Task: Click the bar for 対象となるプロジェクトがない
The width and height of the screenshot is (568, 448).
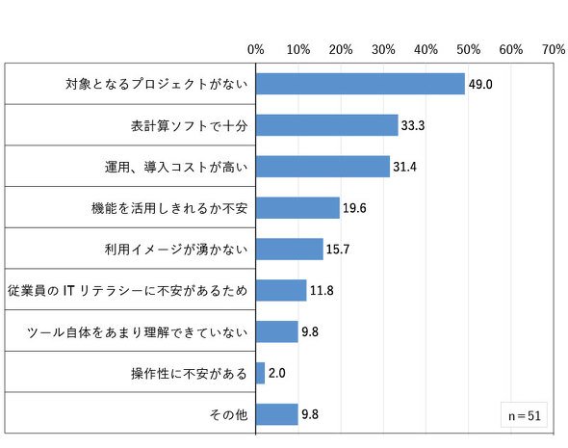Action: tap(360, 84)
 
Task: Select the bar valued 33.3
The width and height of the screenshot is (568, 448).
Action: tap(326, 125)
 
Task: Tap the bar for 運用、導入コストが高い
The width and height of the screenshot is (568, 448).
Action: tap(323, 167)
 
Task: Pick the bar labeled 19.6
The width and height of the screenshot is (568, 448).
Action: tap(297, 208)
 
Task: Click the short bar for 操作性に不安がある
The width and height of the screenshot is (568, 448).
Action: tap(260, 373)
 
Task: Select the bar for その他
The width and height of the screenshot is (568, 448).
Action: tap(276, 414)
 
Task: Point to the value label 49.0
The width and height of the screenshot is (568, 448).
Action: tap(480, 84)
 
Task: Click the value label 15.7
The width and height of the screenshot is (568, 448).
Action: tap(338, 249)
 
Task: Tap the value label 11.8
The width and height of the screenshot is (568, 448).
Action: tap(322, 290)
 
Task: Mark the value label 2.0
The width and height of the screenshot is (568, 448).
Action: tap(276, 373)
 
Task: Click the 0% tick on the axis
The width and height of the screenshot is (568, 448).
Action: tap(256, 49)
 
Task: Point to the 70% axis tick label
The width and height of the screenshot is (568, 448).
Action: tap(554, 49)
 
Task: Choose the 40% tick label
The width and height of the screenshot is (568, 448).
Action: tap(426, 49)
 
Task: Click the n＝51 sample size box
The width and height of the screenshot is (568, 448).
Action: tap(524, 414)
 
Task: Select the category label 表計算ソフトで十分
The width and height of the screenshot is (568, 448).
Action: tap(189, 126)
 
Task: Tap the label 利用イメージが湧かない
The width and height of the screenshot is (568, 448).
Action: tap(176, 250)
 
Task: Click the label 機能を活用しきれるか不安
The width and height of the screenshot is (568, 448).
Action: tap(169, 208)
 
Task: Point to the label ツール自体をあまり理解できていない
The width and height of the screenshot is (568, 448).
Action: tap(138, 332)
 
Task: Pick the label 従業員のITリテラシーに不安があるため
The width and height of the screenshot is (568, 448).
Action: tap(127, 291)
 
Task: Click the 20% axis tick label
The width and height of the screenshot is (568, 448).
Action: tap(341, 49)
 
